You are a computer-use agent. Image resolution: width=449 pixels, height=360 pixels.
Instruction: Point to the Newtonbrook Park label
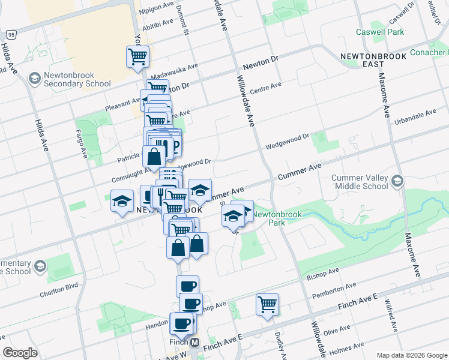pos(268,218)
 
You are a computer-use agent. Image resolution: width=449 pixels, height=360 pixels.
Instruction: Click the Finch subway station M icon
pos(194,342)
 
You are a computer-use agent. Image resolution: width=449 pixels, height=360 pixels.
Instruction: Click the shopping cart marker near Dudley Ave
pos(267,304)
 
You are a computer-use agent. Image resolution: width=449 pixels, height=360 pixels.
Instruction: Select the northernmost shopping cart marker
pos(137,57)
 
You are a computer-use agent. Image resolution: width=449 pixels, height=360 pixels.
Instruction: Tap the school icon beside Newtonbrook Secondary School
pos(35,79)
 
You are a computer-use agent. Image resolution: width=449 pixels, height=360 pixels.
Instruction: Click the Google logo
pos(20,353)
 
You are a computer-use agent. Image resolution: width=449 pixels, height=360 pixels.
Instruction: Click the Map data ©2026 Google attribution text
pos(411,355)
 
